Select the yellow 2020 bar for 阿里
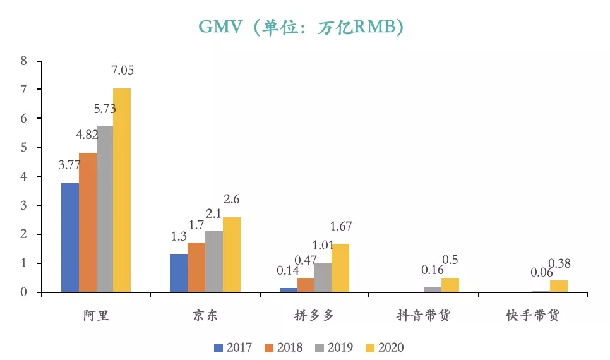(x=122, y=189)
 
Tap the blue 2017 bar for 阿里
(x=70, y=237)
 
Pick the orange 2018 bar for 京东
(x=196, y=267)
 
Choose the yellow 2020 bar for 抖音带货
(x=450, y=285)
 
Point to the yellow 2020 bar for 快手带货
(x=559, y=286)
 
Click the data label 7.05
(x=123, y=71)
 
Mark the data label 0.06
(x=542, y=272)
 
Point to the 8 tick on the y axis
(x=23, y=61)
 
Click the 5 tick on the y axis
(x=23, y=147)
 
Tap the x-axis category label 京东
(x=205, y=316)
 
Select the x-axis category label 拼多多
(x=314, y=316)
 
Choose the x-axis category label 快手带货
(x=532, y=316)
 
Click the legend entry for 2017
(x=234, y=347)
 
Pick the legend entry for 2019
(x=334, y=347)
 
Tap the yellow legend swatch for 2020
(x=371, y=347)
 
